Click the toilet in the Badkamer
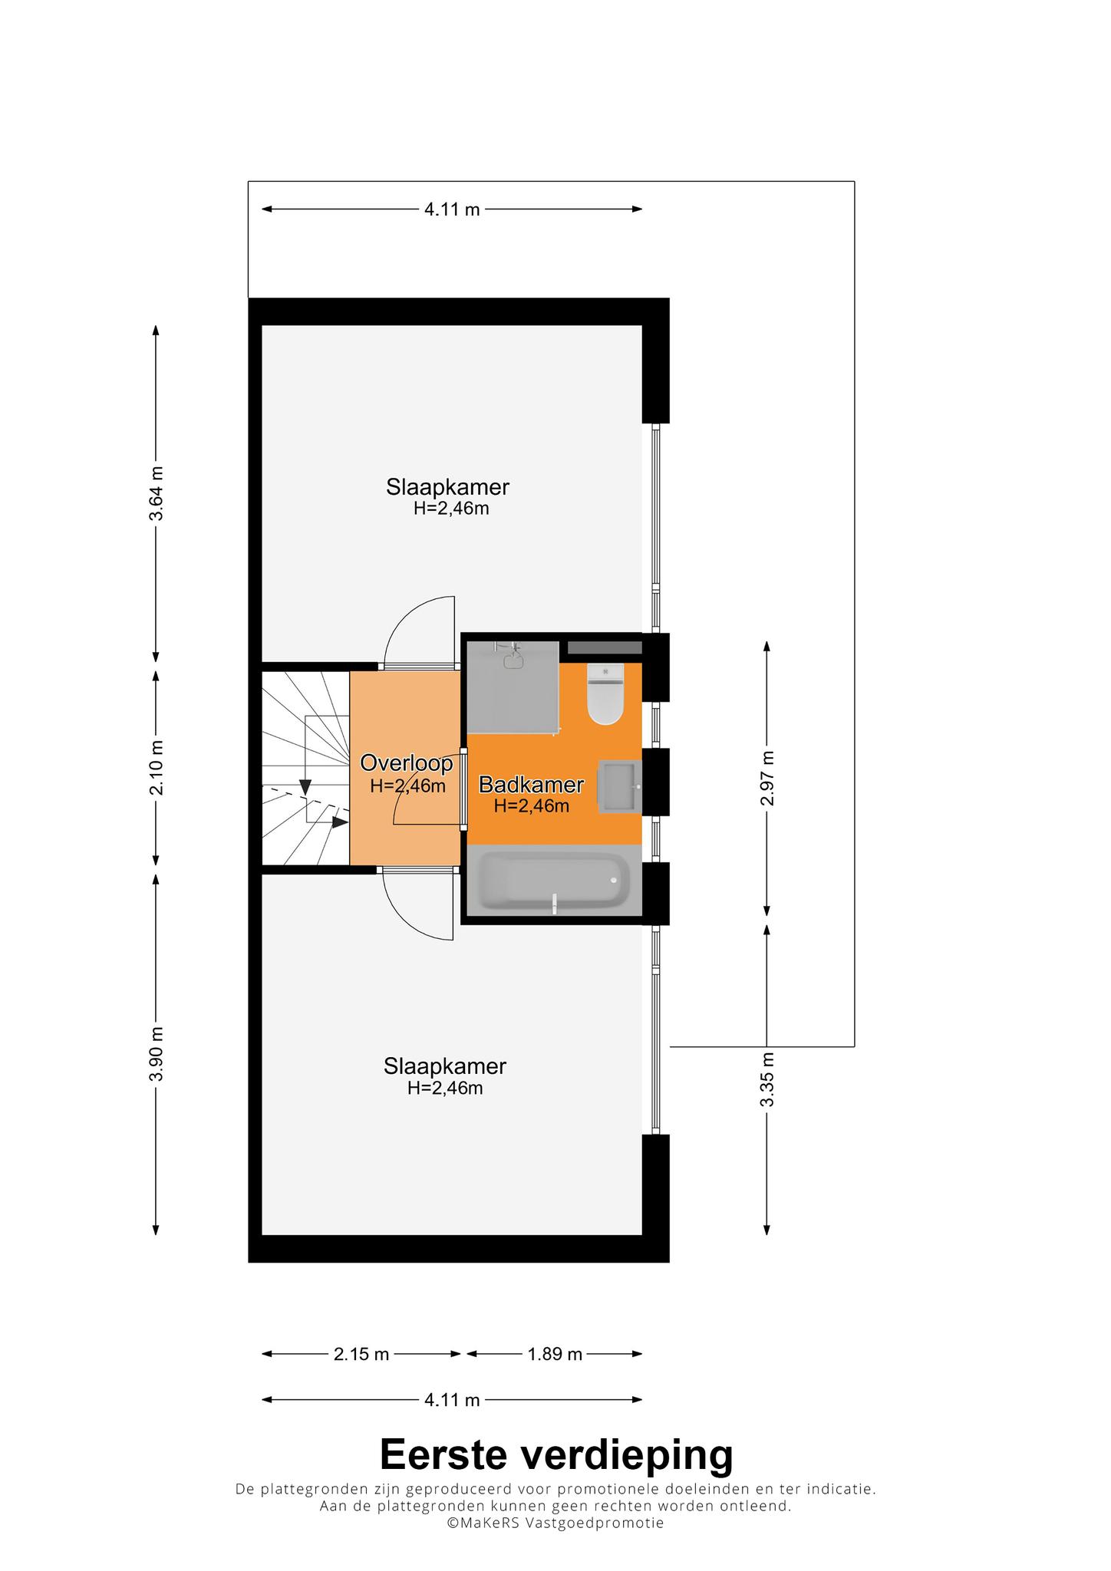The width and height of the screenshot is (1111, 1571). pyautogui.click(x=605, y=693)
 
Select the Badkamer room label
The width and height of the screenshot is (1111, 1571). pyautogui.click(x=532, y=785)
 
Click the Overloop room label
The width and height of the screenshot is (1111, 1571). pyautogui.click(x=407, y=763)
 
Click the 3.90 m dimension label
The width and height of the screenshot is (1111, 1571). pyautogui.click(x=156, y=1054)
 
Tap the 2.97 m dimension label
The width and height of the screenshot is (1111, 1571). pyautogui.click(x=766, y=779)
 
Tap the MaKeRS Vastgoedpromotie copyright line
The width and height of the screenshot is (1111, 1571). pyautogui.click(x=555, y=1523)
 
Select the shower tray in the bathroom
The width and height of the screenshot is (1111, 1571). pyautogui.click(x=513, y=687)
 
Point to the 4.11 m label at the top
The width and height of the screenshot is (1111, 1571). pyautogui.click(x=452, y=209)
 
